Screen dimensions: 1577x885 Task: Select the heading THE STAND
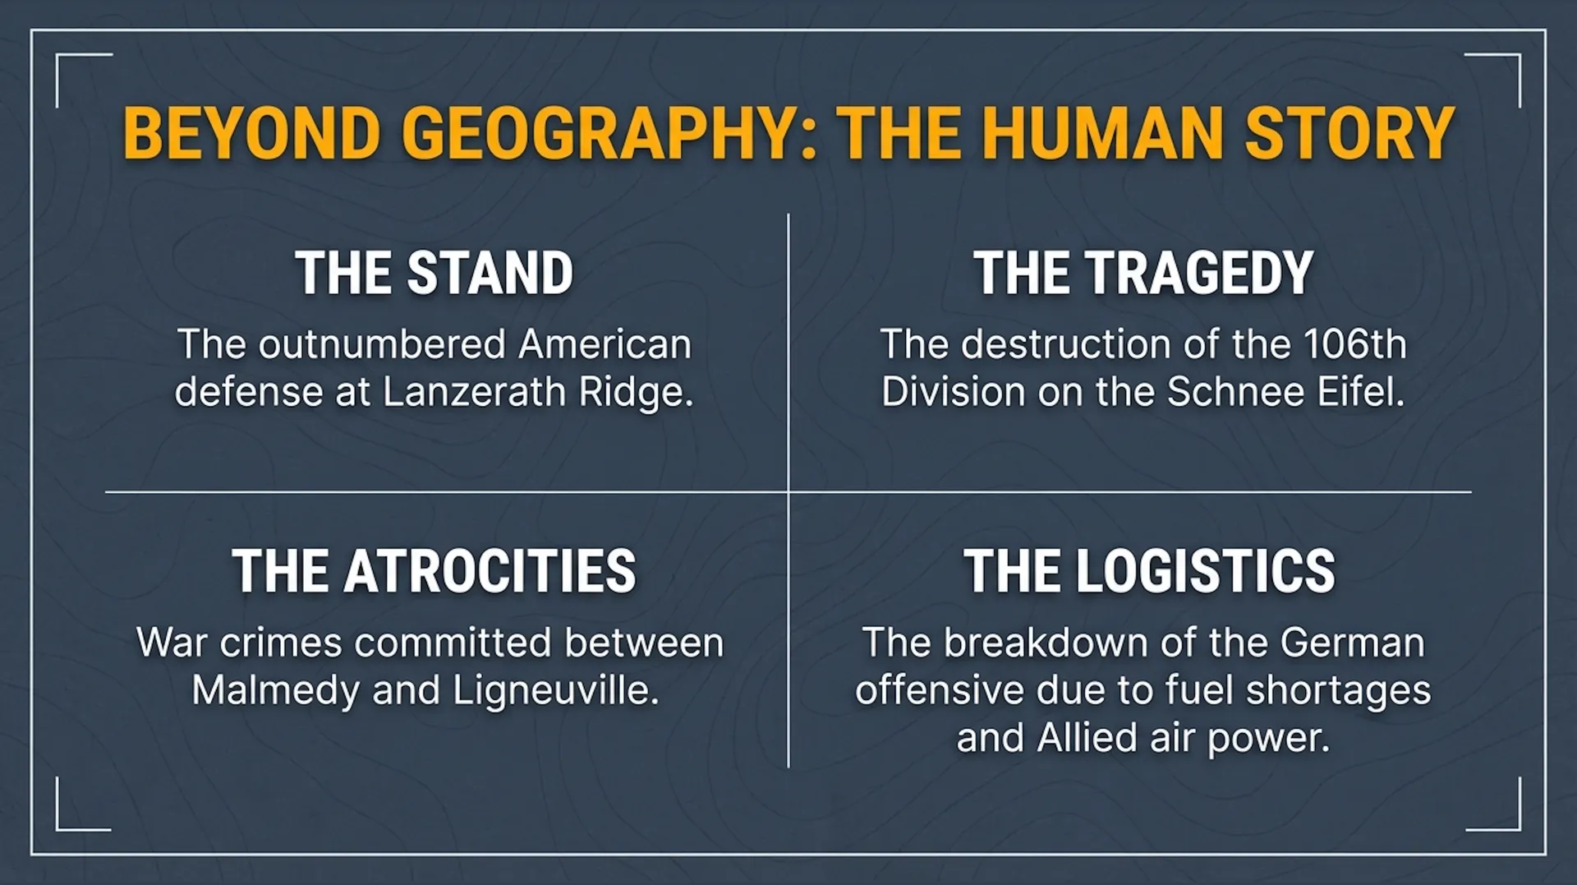pos(434,273)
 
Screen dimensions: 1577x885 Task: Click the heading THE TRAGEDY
pos(1143,273)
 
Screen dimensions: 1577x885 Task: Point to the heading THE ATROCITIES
pos(434,571)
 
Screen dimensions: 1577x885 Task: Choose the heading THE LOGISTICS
pos(1149,571)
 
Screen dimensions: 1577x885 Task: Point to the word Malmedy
pos(276,691)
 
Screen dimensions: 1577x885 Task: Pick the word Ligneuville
pos(556,691)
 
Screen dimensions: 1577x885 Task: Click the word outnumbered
pos(382,344)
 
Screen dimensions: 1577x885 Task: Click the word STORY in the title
pos(1349,133)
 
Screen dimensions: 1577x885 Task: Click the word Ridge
pos(636,393)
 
